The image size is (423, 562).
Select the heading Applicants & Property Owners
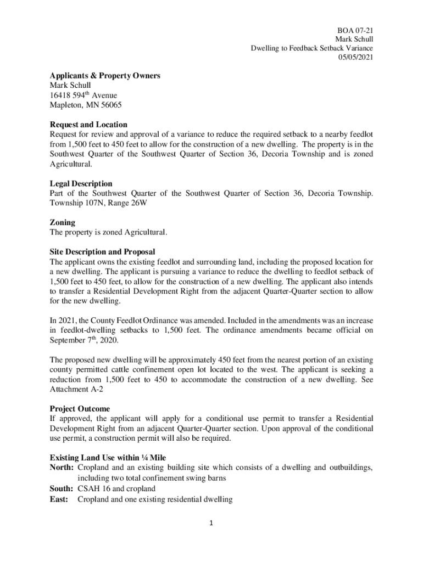pos(105,76)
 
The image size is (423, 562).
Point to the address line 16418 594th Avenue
pos(83,95)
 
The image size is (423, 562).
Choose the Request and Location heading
pos(88,125)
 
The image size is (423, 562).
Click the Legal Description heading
pos(81,183)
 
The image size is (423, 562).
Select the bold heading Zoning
pos(62,223)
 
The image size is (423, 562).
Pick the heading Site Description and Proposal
pos(103,252)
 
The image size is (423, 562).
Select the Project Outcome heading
pos(80,409)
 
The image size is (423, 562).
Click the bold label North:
pos(62,468)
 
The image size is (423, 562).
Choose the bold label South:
pos(62,488)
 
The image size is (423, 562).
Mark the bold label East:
pos(59,499)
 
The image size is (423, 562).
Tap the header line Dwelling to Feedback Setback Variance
pos(311,48)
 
